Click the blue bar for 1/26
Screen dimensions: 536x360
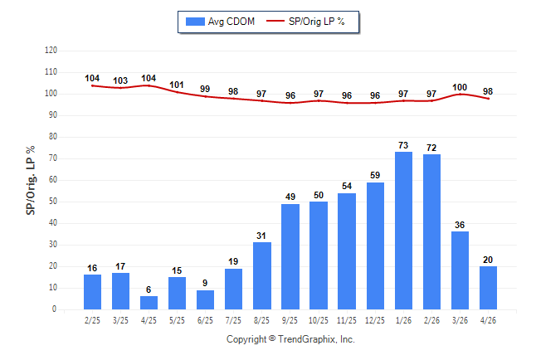(x=403, y=231)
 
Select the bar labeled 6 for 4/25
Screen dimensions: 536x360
(x=149, y=303)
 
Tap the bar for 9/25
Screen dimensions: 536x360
(x=290, y=257)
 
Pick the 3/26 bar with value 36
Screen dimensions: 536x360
(x=460, y=270)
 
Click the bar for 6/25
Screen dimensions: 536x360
(x=205, y=299)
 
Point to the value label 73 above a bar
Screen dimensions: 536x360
(x=403, y=145)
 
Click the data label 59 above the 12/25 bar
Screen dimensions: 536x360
(x=375, y=175)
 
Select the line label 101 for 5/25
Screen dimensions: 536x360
(x=177, y=85)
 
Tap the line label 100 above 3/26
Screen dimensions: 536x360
(x=460, y=88)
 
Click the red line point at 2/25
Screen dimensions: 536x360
(x=92, y=85)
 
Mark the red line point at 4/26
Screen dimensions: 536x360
(x=488, y=99)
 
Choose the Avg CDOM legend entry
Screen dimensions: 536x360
(x=220, y=22)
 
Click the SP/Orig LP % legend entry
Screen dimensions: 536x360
(x=305, y=22)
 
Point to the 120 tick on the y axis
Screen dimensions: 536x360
(x=51, y=51)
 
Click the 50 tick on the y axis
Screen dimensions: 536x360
(x=52, y=202)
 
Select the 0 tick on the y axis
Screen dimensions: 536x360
(x=55, y=309)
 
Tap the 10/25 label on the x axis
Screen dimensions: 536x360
(x=319, y=320)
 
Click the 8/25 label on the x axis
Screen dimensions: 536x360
(x=261, y=320)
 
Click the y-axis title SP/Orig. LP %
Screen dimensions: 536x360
(x=31, y=181)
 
